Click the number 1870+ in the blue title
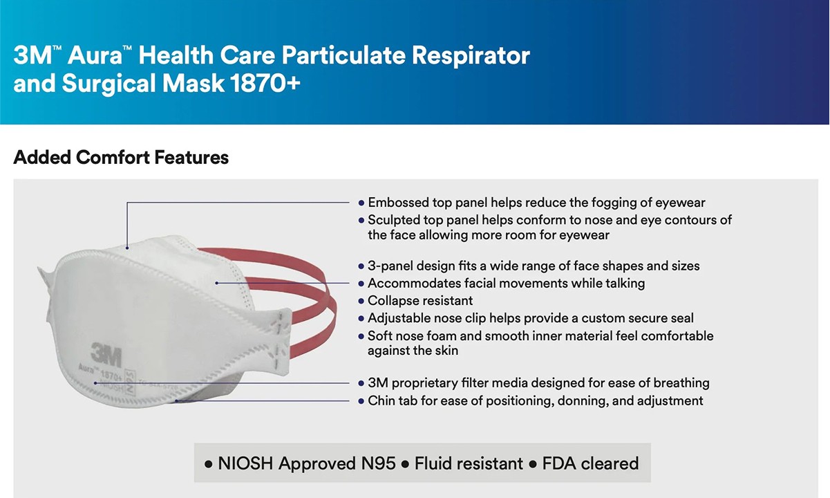pyautogui.click(x=265, y=83)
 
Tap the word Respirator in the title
pyautogui.click(x=471, y=55)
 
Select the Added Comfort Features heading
pyautogui.click(x=121, y=157)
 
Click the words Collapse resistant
pyautogui.click(x=420, y=300)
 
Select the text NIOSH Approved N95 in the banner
pyautogui.click(x=307, y=463)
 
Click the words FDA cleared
pyautogui.click(x=590, y=463)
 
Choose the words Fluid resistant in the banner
pyautogui.click(x=469, y=463)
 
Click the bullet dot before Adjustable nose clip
pyautogui.click(x=361, y=319)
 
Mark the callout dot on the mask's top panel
pyautogui.click(x=127, y=248)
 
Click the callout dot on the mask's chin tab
pyautogui.click(x=176, y=401)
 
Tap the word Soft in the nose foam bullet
pyautogui.click(x=381, y=335)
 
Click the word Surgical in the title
pyautogui.click(x=110, y=84)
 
